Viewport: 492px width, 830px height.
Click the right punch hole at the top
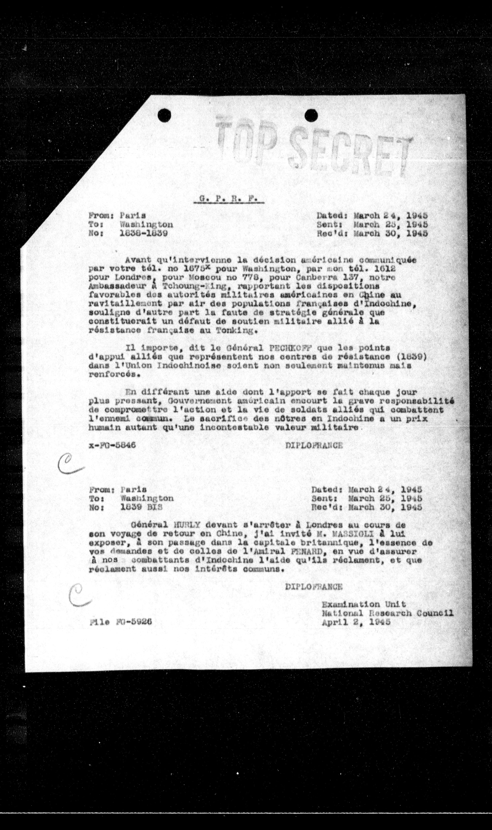[x=311, y=115]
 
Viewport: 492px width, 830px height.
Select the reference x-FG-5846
[x=112, y=445]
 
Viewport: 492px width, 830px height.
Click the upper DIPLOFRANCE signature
[x=314, y=445]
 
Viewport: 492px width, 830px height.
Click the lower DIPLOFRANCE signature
[x=314, y=587]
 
